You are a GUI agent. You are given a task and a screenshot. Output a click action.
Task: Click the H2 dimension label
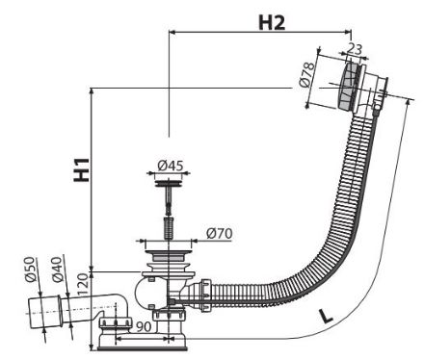(x=272, y=23)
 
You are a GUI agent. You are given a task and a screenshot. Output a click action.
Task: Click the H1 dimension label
(x=82, y=169)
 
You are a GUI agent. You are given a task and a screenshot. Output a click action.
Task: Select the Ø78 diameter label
(x=306, y=75)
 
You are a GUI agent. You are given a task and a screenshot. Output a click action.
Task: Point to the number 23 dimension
(x=355, y=49)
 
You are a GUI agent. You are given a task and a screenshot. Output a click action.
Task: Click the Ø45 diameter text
(x=171, y=166)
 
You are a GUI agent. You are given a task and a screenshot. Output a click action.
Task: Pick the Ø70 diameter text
(x=219, y=233)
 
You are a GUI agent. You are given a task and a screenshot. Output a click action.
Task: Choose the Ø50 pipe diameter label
(x=30, y=270)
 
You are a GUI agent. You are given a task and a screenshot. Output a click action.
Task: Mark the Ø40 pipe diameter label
(x=57, y=270)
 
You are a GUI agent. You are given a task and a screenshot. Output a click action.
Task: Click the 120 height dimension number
(x=83, y=285)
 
